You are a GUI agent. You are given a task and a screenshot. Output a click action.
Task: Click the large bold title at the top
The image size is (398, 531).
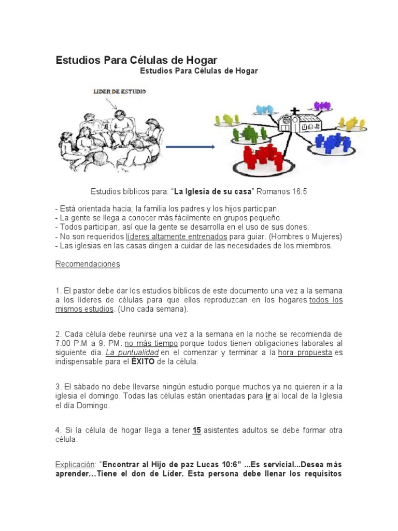coord(136,60)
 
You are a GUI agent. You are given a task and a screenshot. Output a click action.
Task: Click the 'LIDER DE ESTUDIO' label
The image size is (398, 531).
coord(120,91)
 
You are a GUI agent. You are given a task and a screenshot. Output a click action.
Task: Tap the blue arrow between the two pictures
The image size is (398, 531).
coord(190,147)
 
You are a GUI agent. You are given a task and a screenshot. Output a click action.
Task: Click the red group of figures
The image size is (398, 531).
coord(262,156)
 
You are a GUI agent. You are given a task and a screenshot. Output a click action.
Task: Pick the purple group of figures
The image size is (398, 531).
coord(322,106)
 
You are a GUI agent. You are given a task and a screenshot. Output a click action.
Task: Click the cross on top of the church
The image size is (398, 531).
coord(295,110)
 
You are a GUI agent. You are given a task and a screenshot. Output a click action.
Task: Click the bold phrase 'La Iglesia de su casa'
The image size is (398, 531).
coord(212,191)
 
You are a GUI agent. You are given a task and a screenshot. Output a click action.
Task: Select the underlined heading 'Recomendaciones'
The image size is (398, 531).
coord(88,264)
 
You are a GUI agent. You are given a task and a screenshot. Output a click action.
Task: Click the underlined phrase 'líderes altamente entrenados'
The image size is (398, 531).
coord(177,236)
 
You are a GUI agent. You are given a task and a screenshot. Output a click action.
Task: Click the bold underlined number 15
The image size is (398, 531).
coord(196,430)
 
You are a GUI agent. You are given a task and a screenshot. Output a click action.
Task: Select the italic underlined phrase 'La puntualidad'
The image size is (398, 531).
coord(132,353)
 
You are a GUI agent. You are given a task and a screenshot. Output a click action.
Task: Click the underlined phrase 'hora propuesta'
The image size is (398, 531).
coord(305,353)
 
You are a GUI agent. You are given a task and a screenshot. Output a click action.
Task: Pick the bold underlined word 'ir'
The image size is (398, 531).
coord(268,396)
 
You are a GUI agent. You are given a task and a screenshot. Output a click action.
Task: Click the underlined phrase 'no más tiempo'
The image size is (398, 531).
coord(151,343)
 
